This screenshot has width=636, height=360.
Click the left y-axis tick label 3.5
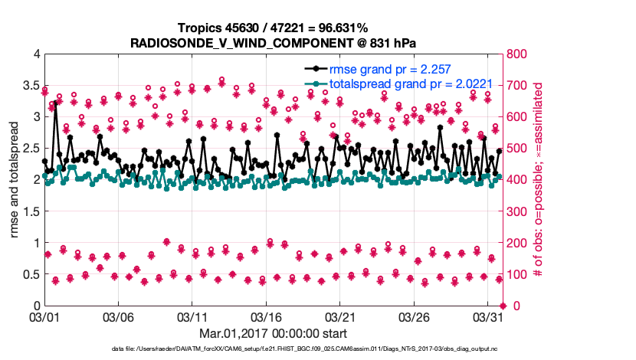(x=28, y=86)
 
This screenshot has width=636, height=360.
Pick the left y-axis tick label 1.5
(x=28, y=211)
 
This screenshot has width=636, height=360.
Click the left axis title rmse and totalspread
(x=14, y=180)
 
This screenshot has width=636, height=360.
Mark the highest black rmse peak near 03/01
(x=55, y=102)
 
